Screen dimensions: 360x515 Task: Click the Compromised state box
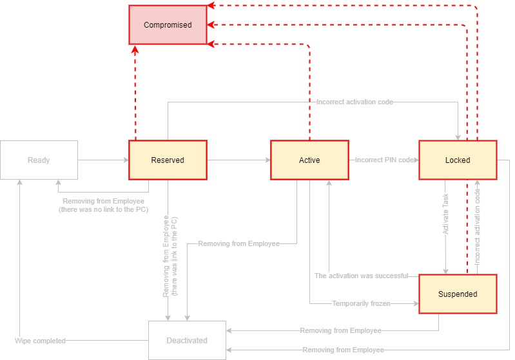point(168,25)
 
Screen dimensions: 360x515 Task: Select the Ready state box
point(39,160)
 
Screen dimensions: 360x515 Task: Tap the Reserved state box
point(168,160)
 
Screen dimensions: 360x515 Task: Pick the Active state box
point(309,160)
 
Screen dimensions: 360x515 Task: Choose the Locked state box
point(458,160)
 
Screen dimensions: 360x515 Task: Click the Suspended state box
point(458,294)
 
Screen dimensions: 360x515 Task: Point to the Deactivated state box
point(187,340)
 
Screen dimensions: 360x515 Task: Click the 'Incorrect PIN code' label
point(384,160)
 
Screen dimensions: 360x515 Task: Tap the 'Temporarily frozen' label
point(361,303)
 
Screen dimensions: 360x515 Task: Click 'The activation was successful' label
point(361,276)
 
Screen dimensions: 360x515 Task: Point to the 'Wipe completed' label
point(40,340)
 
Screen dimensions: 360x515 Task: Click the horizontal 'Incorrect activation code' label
point(355,102)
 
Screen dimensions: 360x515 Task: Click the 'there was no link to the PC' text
point(101,210)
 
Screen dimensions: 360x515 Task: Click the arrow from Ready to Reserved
point(103,160)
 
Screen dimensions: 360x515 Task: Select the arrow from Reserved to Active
point(238,160)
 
